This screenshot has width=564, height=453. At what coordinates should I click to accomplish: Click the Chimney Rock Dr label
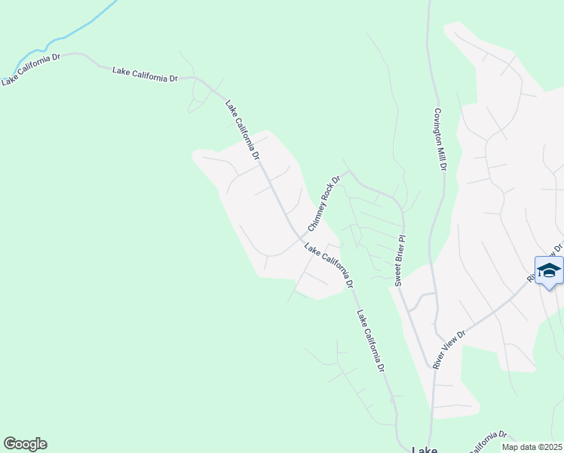click(x=324, y=203)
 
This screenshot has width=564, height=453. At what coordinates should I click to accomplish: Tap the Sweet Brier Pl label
click(x=400, y=260)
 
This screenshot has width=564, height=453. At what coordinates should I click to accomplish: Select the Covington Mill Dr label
click(x=440, y=138)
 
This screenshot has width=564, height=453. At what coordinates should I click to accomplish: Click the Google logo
click(x=25, y=444)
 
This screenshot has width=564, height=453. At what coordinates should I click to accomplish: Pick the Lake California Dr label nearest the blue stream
click(x=31, y=69)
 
